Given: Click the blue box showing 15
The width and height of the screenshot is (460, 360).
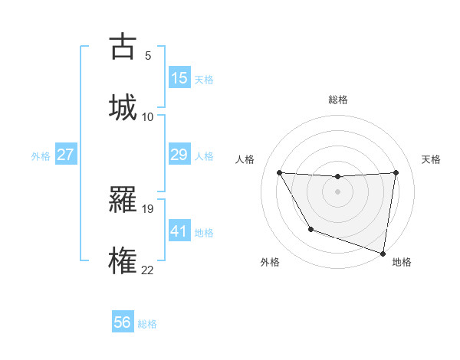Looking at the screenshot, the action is click(179, 78).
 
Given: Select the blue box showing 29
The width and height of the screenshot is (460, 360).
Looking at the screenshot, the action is click(179, 155).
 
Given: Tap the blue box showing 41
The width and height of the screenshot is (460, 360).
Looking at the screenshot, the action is click(179, 231).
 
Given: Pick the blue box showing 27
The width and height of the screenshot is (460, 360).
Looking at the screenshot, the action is click(66, 155).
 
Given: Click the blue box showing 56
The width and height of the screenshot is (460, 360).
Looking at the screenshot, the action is click(123, 322).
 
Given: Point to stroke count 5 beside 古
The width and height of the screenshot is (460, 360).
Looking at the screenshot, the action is click(148, 56).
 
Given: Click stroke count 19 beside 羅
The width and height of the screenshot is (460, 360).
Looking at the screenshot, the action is click(148, 208).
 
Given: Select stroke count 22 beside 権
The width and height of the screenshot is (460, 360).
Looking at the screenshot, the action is click(148, 269).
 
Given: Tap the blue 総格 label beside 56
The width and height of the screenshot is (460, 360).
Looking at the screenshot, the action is click(147, 324).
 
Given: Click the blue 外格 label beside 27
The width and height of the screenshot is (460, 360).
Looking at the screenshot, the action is click(41, 156).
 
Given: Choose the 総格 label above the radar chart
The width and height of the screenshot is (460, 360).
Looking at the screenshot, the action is click(337, 100).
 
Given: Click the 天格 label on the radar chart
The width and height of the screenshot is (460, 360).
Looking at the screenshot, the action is click(431, 159).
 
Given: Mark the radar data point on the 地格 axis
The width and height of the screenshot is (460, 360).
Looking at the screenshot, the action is click(383, 252).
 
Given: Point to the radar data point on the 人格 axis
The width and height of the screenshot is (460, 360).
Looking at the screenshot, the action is click(279, 172).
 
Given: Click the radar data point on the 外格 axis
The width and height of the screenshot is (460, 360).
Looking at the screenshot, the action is click(310, 229).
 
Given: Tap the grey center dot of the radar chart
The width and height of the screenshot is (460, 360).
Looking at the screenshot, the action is click(337, 191).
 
